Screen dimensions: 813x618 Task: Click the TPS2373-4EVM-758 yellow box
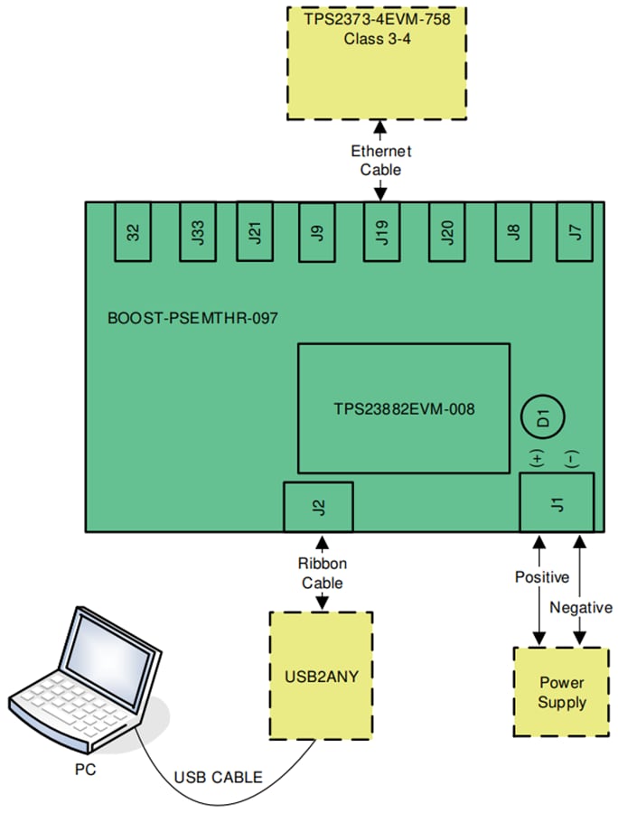click(x=379, y=62)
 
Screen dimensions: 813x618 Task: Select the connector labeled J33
click(x=197, y=232)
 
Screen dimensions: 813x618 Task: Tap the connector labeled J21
click(x=255, y=232)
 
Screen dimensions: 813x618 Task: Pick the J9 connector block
click(x=316, y=232)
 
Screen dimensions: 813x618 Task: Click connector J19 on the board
click(x=380, y=232)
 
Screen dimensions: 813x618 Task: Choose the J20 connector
click(x=446, y=232)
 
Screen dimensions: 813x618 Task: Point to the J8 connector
click(x=513, y=232)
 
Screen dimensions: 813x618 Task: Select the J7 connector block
click(x=575, y=232)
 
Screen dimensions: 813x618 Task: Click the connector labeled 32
click(x=134, y=232)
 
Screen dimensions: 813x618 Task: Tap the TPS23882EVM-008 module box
click(x=403, y=408)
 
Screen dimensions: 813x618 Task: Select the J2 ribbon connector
click(x=318, y=507)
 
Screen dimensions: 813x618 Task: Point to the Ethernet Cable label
click(x=380, y=160)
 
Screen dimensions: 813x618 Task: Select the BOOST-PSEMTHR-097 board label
click(x=192, y=318)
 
